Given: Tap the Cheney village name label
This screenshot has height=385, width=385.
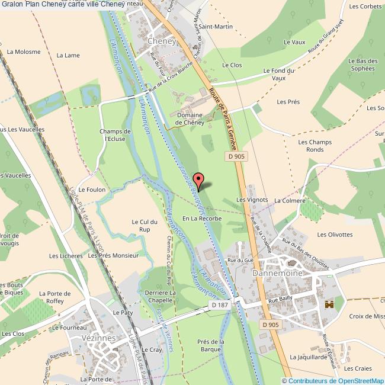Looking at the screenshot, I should pyautogui.click(x=161, y=41).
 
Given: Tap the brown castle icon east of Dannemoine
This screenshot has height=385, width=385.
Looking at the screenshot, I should pyautogui.click(x=329, y=304).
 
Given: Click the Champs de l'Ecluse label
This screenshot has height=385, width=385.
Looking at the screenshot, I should pyautogui.click(x=115, y=135).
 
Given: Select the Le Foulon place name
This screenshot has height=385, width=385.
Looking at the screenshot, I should pyautogui.click(x=92, y=190).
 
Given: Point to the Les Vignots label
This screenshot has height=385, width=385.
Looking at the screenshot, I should pyautogui.click(x=252, y=200).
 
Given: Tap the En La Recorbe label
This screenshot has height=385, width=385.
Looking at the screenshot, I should pyautogui.click(x=202, y=219).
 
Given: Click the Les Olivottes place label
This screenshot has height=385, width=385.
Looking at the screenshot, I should pyautogui.click(x=335, y=235).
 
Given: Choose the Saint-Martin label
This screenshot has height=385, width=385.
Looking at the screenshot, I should pyautogui.click(x=215, y=27).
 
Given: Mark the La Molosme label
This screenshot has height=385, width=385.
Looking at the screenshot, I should pyautogui.click(x=24, y=52).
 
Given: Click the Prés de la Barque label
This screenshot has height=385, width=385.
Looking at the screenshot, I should pyautogui.click(x=211, y=345).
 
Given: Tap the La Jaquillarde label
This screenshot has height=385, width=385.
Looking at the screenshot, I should pyautogui.click(x=309, y=357).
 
